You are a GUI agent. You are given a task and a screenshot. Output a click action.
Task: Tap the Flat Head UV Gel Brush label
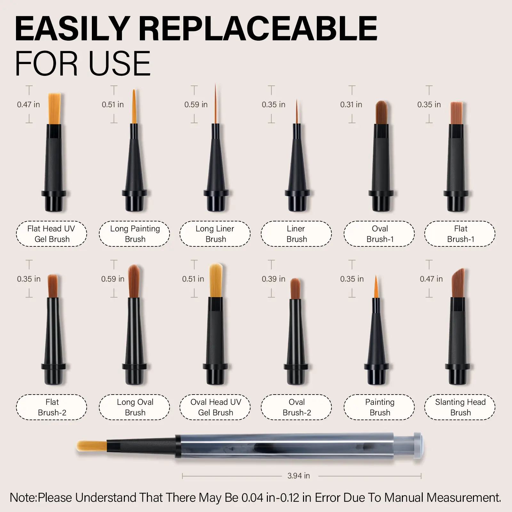52,234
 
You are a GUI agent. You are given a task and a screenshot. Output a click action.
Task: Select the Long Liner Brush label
215,234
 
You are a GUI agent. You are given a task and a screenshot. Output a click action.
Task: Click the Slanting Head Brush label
460,407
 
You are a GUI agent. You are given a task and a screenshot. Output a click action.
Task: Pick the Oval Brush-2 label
296,407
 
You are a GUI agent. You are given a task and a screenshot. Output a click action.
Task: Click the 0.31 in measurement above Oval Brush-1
351,105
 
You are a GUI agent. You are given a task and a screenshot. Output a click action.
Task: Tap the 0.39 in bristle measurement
274,279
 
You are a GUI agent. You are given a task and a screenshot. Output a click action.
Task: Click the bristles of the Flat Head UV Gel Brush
54,108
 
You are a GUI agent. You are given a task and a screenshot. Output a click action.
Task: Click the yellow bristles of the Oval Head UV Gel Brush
216,280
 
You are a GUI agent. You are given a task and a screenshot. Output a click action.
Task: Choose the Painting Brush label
380,407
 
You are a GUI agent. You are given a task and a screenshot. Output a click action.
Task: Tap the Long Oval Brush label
135,407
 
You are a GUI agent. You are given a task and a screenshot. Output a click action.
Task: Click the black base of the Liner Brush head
297,200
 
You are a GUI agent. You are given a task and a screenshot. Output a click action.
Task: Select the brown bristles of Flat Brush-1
456,113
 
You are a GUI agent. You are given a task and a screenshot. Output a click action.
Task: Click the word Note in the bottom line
23,498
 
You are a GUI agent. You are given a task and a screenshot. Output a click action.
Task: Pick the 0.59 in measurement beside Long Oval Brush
113,279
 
